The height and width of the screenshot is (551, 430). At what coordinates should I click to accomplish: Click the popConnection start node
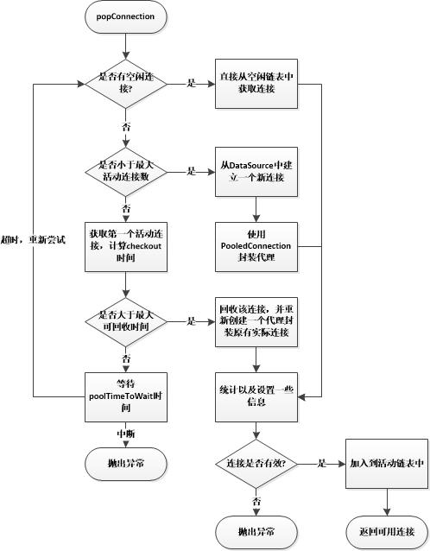(126, 16)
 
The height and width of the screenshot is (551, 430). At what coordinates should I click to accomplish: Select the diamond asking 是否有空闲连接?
(126, 84)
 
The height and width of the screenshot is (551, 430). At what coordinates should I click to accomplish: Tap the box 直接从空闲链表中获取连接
(256, 84)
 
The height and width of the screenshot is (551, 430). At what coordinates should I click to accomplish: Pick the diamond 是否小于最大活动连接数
(126, 172)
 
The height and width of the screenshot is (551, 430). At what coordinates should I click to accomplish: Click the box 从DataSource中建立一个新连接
(256, 172)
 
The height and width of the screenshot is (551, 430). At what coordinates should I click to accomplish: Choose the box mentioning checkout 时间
(126, 247)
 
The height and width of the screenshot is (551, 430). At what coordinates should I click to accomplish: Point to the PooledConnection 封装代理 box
(256, 247)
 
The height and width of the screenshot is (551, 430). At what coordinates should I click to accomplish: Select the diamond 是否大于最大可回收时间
(126, 321)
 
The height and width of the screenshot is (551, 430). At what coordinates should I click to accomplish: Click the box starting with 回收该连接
(256, 321)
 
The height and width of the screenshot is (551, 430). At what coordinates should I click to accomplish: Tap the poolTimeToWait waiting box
(126, 397)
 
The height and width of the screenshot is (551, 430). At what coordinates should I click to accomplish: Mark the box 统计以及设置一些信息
(256, 397)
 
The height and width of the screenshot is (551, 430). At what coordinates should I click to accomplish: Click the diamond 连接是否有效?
(256, 464)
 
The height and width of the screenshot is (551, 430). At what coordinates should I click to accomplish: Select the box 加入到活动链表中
(387, 464)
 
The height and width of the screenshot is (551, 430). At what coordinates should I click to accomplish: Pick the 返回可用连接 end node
(387, 532)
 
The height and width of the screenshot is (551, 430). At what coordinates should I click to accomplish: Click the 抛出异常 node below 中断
(126, 464)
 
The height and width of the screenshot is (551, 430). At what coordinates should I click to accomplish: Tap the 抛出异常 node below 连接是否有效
(256, 532)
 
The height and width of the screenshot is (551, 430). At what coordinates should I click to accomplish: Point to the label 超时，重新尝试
(33, 240)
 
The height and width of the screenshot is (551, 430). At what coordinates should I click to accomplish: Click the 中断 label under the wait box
(126, 434)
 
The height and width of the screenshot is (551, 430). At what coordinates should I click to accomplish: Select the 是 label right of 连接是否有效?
(322, 463)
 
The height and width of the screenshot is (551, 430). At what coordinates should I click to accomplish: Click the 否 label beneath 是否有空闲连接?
(126, 126)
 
